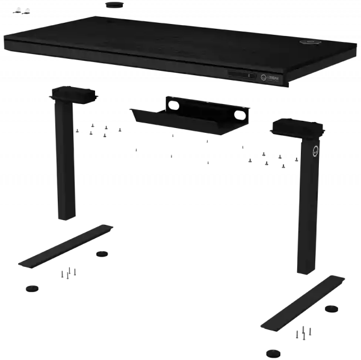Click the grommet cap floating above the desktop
click(113, 5)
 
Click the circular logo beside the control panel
click(263, 77)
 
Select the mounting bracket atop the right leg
click(297, 127)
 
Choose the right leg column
click(308, 210)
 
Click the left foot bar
click(66, 246)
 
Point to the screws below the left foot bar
click(69, 273)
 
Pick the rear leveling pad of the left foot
click(103, 254)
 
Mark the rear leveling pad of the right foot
click(331, 308)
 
